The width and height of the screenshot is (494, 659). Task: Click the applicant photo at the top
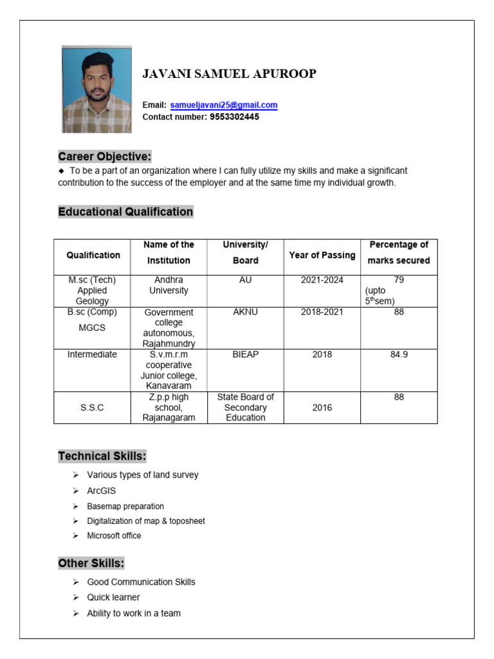(x=96, y=89)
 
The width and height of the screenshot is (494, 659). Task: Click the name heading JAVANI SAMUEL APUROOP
(x=229, y=74)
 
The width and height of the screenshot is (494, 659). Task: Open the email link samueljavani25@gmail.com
(x=224, y=105)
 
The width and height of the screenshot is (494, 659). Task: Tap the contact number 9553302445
(x=234, y=117)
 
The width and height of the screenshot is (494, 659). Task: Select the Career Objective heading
(x=105, y=156)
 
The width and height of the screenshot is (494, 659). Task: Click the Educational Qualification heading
(x=125, y=212)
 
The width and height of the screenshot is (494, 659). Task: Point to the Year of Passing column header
(x=322, y=255)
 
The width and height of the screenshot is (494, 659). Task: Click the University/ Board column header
(x=245, y=253)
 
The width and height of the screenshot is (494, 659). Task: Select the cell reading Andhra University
(x=169, y=285)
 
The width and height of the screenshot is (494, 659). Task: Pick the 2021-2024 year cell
(x=322, y=280)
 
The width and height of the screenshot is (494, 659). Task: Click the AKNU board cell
(x=245, y=312)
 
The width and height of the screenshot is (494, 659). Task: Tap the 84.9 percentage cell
(x=399, y=355)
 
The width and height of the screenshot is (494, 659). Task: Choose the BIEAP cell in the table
(x=245, y=355)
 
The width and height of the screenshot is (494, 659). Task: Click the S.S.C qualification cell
(x=93, y=407)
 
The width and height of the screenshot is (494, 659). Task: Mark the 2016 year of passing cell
(x=322, y=407)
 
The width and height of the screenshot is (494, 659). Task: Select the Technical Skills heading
(x=102, y=456)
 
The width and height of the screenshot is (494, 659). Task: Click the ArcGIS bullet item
(x=102, y=491)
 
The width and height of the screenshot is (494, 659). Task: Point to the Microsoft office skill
(x=114, y=535)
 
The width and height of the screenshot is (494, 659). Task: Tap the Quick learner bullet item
(x=113, y=597)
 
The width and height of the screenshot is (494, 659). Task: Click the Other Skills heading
(x=91, y=563)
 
